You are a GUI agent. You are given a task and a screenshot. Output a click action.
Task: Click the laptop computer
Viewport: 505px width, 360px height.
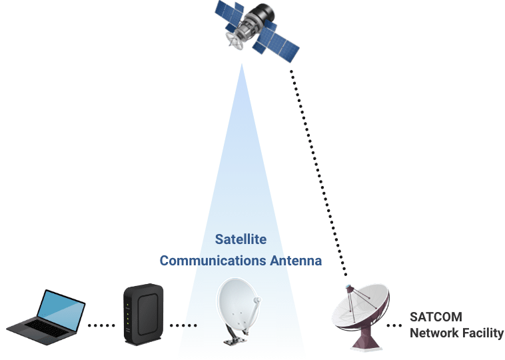click(x=46, y=317)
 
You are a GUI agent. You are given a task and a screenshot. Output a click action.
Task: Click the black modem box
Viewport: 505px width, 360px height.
click(x=143, y=313)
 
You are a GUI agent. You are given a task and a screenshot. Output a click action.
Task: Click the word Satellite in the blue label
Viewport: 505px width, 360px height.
click(x=241, y=239)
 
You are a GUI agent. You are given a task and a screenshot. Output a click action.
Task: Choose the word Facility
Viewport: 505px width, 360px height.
click(x=482, y=333)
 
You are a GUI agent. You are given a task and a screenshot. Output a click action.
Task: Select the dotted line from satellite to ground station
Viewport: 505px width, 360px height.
click(x=320, y=173)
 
